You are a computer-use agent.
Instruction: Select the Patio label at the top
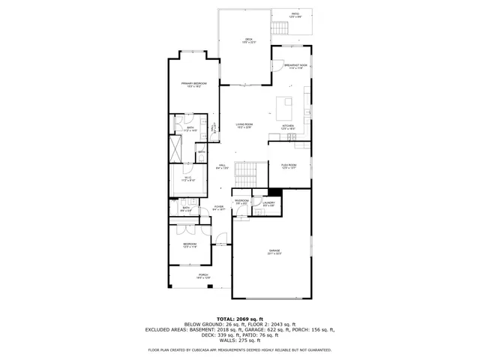pos(295,14)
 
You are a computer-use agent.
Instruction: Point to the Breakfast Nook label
pos(295,67)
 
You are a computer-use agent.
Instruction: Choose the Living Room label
pos(244,125)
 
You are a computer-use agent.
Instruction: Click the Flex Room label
pos(289,166)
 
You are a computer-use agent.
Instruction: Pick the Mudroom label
pos(241,202)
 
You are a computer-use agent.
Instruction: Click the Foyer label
pos(218,207)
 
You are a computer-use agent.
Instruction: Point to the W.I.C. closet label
pos(188,178)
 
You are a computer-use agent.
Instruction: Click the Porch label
pos(202,276)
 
